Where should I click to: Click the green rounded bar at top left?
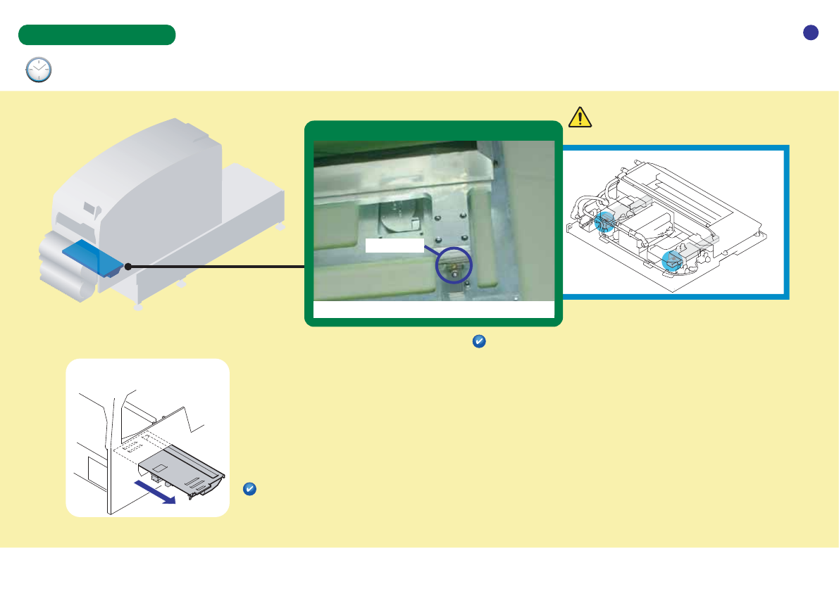[97, 35]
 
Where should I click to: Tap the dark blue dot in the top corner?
[811, 32]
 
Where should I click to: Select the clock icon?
[39, 70]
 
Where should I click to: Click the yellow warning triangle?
[579, 117]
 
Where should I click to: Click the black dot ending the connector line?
[128, 267]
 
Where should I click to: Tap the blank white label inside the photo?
[394, 245]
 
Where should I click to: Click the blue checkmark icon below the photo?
[478, 341]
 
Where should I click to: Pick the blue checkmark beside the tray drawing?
[249, 489]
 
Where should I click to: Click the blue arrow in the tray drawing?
[155, 492]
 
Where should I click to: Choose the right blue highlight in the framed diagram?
[673, 260]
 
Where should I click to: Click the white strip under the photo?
[433, 310]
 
